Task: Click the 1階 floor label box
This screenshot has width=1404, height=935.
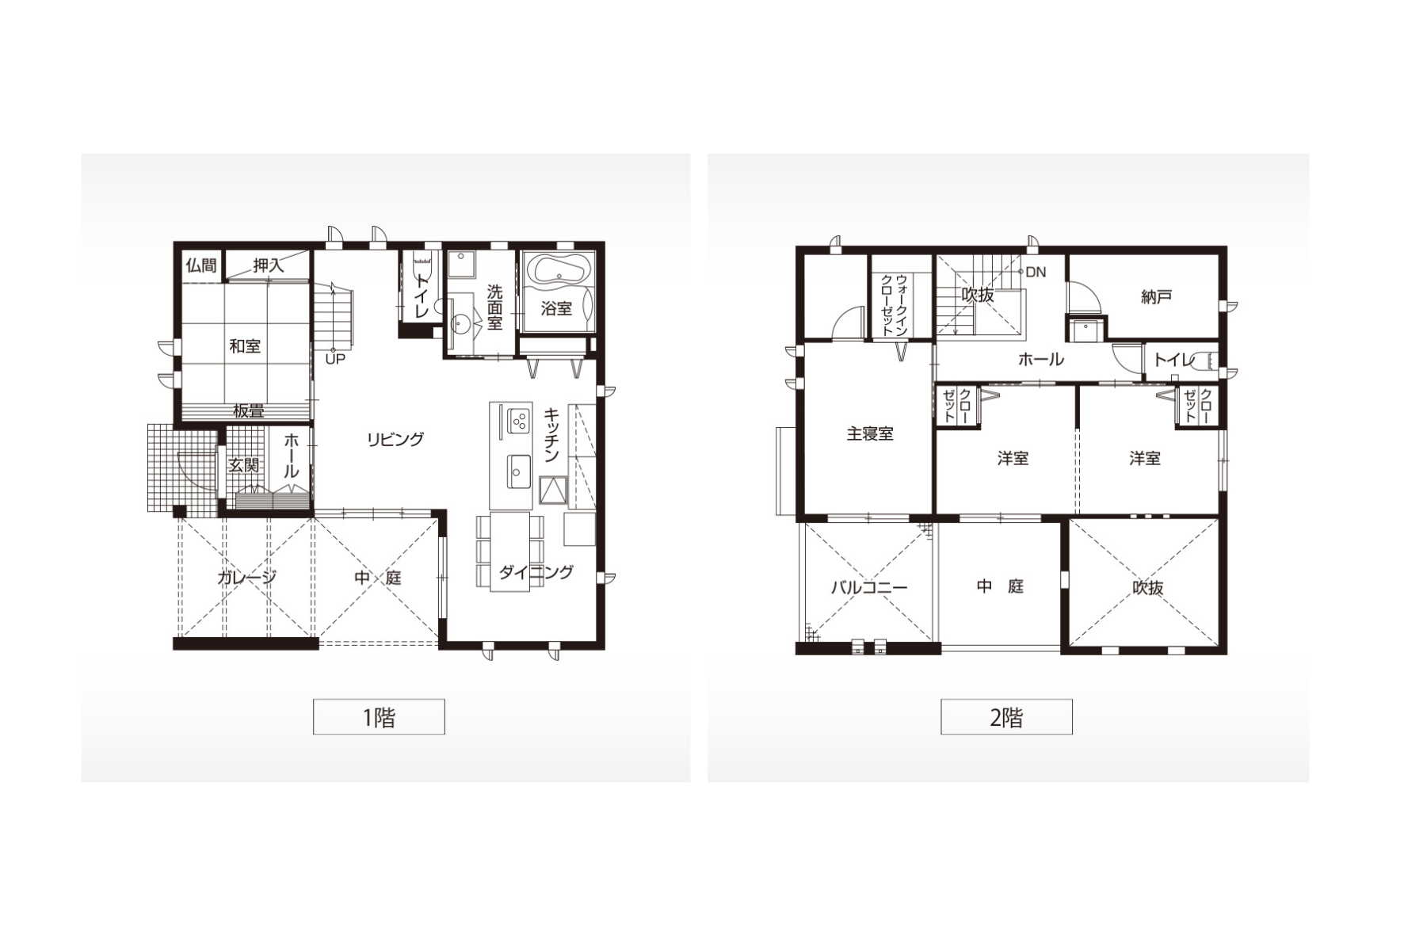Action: (379, 717)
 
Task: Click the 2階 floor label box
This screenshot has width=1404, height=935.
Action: (1006, 717)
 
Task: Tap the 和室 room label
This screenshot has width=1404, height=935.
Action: (245, 346)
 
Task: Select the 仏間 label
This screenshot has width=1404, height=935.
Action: (201, 265)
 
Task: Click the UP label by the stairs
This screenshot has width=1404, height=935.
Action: (334, 359)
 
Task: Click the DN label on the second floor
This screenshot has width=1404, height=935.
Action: (1036, 272)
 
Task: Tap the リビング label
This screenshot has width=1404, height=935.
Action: (395, 439)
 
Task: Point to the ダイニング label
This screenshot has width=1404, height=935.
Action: (536, 572)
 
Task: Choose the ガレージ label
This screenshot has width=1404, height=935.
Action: (247, 578)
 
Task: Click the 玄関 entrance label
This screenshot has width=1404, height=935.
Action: (244, 465)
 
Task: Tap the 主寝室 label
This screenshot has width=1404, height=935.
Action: (870, 433)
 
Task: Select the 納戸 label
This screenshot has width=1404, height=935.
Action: (1157, 296)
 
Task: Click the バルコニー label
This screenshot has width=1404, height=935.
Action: (869, 587)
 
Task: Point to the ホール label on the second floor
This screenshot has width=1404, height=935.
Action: (1041, 359)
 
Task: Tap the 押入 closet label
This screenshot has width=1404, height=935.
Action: (269, 265)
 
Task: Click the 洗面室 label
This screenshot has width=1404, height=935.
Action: (494, 307)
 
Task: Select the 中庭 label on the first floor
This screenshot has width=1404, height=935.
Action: (378, 578)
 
